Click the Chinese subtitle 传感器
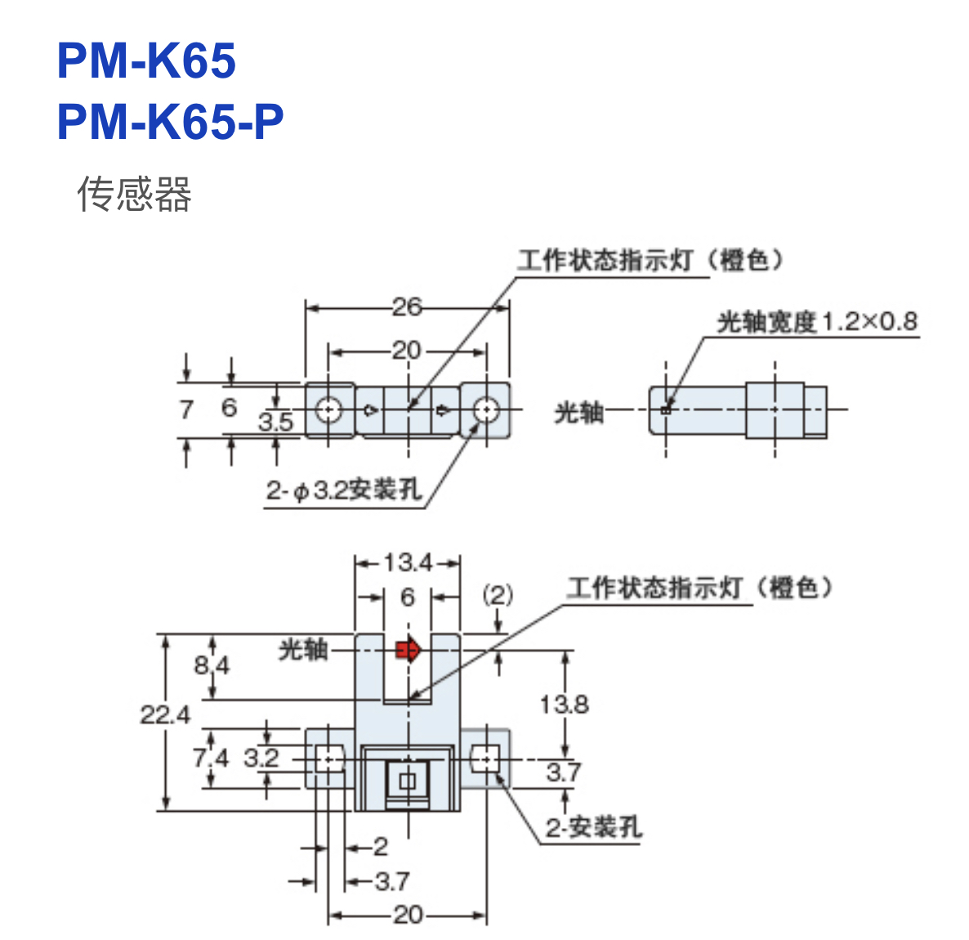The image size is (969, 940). coord(134,195)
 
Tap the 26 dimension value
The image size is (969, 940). coord(407,307)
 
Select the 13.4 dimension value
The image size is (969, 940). coord(408,562)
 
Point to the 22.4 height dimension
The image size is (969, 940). coord(164,715)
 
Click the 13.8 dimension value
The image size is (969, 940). coord(564,704)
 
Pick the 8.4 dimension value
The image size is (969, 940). coord(212,665)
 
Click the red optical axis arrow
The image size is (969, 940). coord(408,650)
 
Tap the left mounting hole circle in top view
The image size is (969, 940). coord(329,410)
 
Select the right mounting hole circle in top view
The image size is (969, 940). coord(486,410)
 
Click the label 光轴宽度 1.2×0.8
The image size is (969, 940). coord(817,322)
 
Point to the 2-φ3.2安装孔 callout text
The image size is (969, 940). coord(343,490)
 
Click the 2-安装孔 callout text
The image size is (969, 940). coord(594,827)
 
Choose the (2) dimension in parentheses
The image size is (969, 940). coord(498,594)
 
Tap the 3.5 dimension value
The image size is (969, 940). coord(275,422)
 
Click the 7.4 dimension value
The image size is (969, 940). coord(211,758)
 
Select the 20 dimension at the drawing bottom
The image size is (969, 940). coord(408,915)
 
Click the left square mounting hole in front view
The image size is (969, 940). coord(329,759)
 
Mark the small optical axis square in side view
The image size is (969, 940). coord(666,410)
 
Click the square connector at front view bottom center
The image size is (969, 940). coord(407,781)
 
